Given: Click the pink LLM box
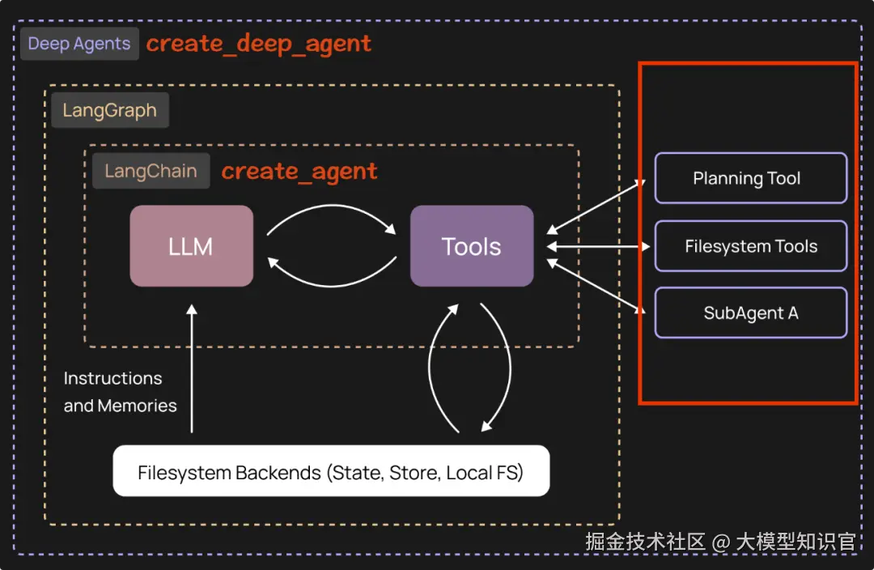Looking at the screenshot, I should click(191, 246).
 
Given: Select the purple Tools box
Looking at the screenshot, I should click(472, 246).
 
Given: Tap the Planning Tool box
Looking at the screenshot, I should click(750, 178).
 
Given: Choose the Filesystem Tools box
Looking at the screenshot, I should click(750, 246).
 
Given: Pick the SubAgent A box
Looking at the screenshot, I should click(750, 313).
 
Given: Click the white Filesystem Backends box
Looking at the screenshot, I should click(331, 471).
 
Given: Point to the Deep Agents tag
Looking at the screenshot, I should click(79, 44).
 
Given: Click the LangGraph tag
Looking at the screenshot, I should click(109, 111).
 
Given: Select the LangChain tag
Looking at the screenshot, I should click(151, 171).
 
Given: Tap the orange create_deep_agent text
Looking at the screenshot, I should click(259, 44).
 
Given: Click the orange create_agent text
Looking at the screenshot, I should click(299, 171).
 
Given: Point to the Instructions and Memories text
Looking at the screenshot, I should click(120, 392).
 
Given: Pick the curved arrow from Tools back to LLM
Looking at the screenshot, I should click(331, 278).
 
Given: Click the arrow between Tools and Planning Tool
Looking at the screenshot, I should click(597, 206).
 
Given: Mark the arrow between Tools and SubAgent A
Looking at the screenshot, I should click(597, 286).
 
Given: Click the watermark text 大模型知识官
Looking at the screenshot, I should click(796, 542).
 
